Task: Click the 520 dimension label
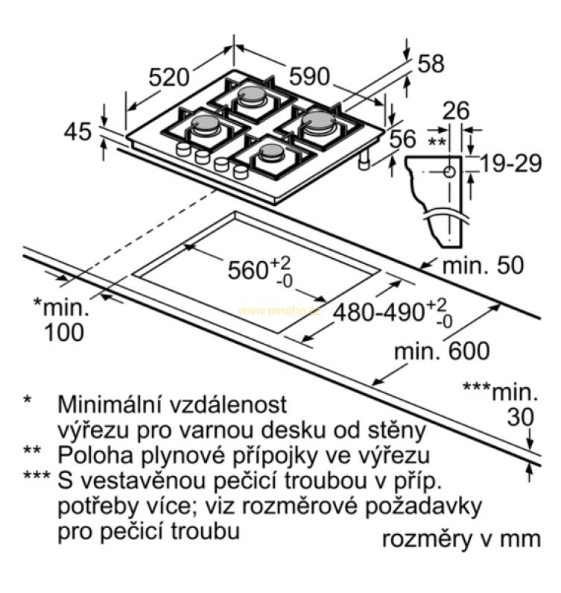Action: pos(168,78)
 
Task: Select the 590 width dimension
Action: pos(309,77)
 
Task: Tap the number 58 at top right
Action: pos(431,63)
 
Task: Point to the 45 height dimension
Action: pos(77,132)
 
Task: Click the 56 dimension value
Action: pos(403,139)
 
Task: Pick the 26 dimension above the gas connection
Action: pos(456,110)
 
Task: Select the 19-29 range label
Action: pos(511,164)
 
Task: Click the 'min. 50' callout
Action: pos(483,265)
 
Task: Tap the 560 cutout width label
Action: pos(248,270)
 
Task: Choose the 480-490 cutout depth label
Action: pos(379,313)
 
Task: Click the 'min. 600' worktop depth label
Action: pos(442,351)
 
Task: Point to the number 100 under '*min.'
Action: pos(64,333)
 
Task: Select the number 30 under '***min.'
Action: pos(520,417)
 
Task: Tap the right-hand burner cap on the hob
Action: pos(317,120)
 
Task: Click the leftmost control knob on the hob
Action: pos(183,148)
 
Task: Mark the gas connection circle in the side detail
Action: pos(449,172)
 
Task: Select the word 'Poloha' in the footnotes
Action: pos(95,455)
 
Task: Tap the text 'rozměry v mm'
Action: pos(461,539)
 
